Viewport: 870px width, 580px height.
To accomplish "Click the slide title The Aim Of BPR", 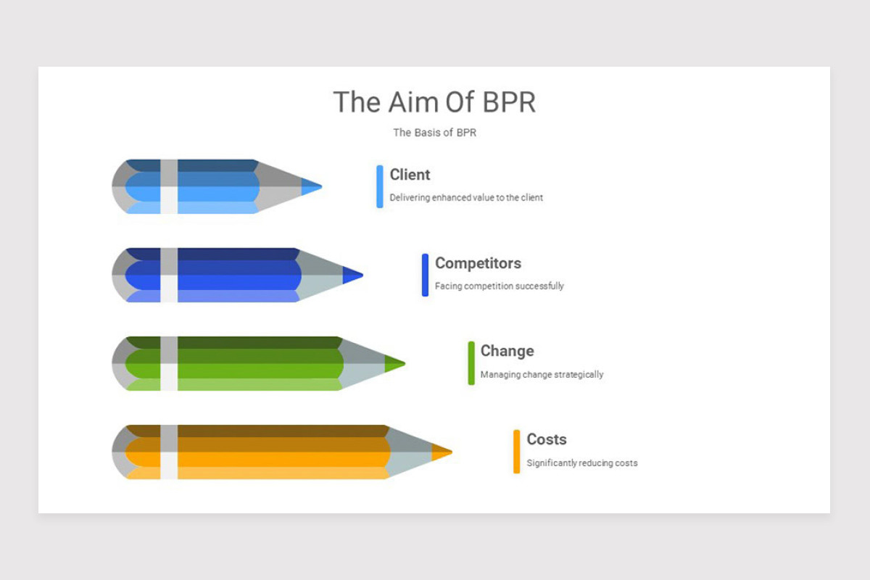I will pos(434,102).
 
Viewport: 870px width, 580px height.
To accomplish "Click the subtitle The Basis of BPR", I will pos(434,133).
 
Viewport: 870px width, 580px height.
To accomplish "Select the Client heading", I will pos(410,175).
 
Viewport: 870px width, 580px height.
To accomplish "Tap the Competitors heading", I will pos(478,263).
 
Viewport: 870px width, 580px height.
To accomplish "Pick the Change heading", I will pos(507,351).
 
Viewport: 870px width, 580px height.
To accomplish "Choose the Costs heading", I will pos(547,439).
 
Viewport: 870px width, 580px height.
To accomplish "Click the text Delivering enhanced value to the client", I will pos(466,197).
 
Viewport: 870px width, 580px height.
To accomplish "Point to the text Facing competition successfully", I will pos(499,286).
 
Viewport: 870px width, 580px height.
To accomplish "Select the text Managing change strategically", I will pos(542,375).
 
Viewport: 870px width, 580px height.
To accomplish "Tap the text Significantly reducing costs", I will pos(582,463).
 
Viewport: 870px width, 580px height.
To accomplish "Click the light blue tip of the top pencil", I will pos(311,187).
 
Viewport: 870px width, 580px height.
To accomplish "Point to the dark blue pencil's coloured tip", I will pos(352,275).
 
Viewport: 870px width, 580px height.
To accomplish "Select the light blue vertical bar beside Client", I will pos(380,186).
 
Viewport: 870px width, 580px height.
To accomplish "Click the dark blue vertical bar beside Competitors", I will pos(426,275).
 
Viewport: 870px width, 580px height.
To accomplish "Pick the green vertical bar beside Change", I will pos(471,363).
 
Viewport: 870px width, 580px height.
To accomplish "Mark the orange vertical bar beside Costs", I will pos(517,452).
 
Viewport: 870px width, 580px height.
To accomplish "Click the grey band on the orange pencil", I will pos(169,452).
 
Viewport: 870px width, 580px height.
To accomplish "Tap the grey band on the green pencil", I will pos(169,363).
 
